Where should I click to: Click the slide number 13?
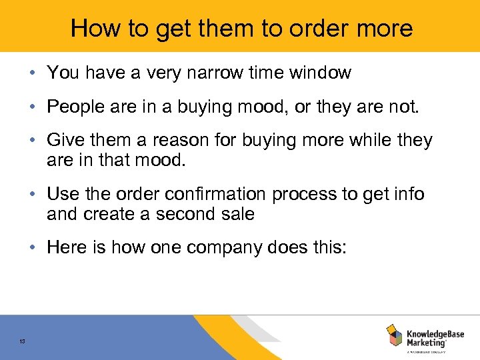(22, 342)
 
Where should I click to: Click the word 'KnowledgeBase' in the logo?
(436, 331)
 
